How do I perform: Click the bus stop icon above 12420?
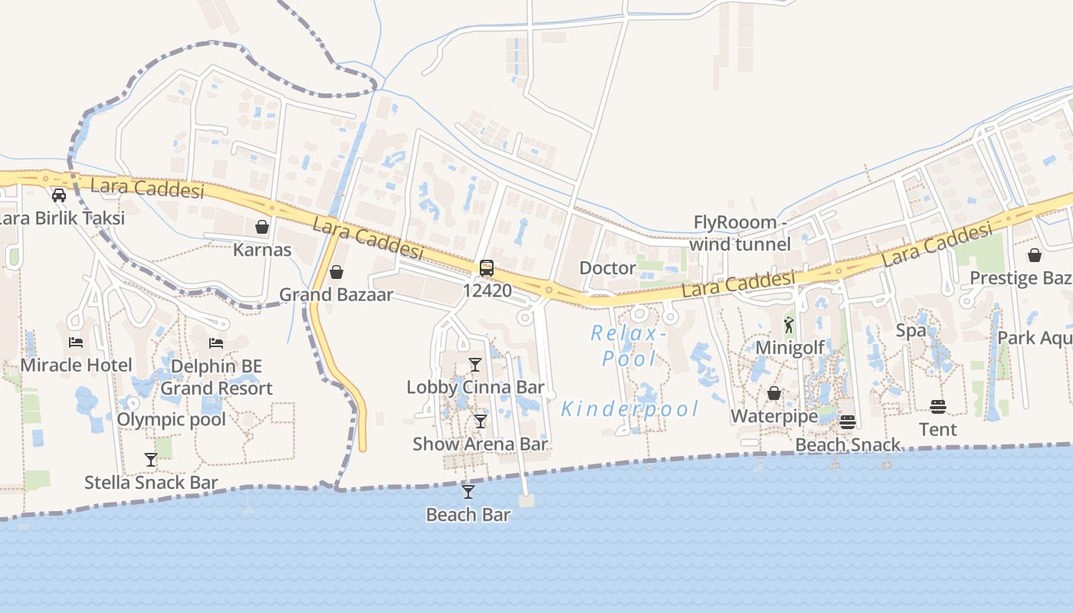click(x=487, y=268)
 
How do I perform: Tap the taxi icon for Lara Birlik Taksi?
click(x=59, y=195)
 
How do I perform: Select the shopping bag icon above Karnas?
click(x=262, y=227)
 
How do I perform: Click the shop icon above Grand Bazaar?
click(x=336, y=272)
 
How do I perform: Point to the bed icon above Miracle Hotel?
click(x=76, y=343)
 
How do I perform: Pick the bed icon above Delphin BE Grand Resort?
click(x=217, y=343)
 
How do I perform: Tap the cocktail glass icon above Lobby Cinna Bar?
click(x=475, y=365)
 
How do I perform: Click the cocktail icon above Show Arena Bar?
click(x=480, y=421)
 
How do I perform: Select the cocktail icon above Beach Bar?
click(x=468, y=492)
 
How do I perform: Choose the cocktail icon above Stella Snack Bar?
click(x=151, y=460)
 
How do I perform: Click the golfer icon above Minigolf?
click(x=789, y=325)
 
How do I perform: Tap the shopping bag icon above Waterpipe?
click(x=774, y=394)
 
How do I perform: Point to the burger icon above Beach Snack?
click(x=847, y=422)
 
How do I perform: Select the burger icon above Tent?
click(x=938, y=407)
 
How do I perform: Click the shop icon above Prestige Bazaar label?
click(x=1035, y=255)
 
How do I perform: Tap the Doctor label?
click(x=608, y=268)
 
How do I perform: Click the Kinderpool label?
click(x=630, y=409)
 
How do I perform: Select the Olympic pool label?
click(x=171, y=419)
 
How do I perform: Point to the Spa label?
click(x=911, y=331)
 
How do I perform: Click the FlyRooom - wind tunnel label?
click(x=740, y=233)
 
